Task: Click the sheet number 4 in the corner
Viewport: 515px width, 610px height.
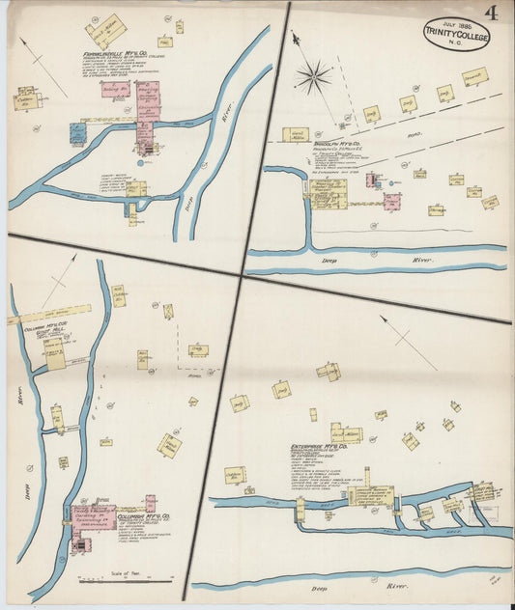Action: coord(493,13)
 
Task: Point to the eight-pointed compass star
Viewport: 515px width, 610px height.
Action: coord(313,76)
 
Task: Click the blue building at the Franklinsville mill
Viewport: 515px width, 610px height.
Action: coord(146,148)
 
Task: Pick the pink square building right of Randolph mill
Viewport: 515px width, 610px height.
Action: coord(391,202)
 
